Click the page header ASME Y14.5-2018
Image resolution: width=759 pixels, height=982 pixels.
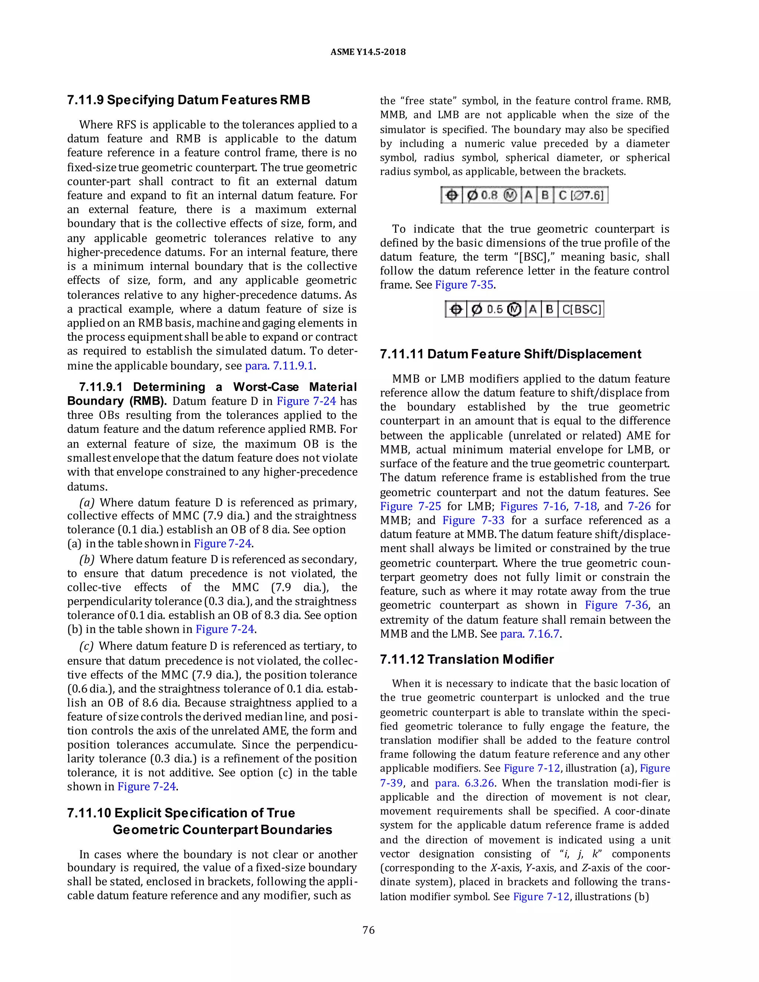point(368,52)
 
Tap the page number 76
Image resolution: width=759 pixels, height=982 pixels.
point(368,930)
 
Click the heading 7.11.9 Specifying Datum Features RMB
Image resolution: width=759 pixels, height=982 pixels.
point(188,100)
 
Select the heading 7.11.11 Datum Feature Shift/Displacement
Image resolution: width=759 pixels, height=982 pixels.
point(510,354)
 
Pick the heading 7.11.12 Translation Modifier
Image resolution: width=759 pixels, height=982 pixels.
point(467,659)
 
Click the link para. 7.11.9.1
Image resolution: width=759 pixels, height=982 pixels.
point(279,365)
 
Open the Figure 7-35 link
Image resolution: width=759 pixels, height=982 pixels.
point(464,285)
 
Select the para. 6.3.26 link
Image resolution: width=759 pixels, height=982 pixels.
point(464,783)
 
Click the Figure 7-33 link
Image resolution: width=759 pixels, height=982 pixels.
point(474,520)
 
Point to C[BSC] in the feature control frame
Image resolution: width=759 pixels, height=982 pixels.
point(581,309)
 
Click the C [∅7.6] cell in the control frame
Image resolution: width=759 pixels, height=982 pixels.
point(582,195)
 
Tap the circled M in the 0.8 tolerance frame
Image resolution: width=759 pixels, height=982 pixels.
point(510,195)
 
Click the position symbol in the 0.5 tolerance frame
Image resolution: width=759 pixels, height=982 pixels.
point(456,309)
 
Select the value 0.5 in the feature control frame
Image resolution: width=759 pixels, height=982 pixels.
point(495,309)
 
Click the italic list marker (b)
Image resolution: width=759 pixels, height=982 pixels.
point(86,559)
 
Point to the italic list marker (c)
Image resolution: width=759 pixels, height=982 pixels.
point(86,646)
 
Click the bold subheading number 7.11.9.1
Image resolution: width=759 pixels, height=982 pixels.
point(101,387)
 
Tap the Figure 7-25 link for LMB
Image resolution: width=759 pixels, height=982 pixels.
point(410,506)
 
